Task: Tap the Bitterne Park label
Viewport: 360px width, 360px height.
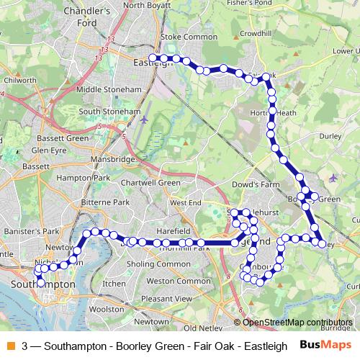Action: click(x=105, y=203)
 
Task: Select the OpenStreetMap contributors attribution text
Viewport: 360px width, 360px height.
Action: click(x=297, y=323)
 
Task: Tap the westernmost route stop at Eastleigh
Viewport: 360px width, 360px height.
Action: click(x=152, y=58)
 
